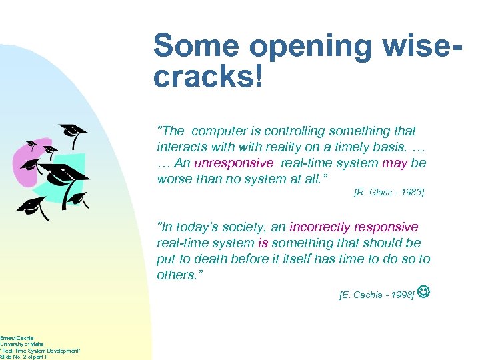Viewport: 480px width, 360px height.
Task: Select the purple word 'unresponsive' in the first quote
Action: (233, 163)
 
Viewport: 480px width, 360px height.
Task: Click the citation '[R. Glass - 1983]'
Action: (388, 193)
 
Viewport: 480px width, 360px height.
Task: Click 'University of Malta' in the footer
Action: (17, 344)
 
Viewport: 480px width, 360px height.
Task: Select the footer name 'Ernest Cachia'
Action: (17, 338)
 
